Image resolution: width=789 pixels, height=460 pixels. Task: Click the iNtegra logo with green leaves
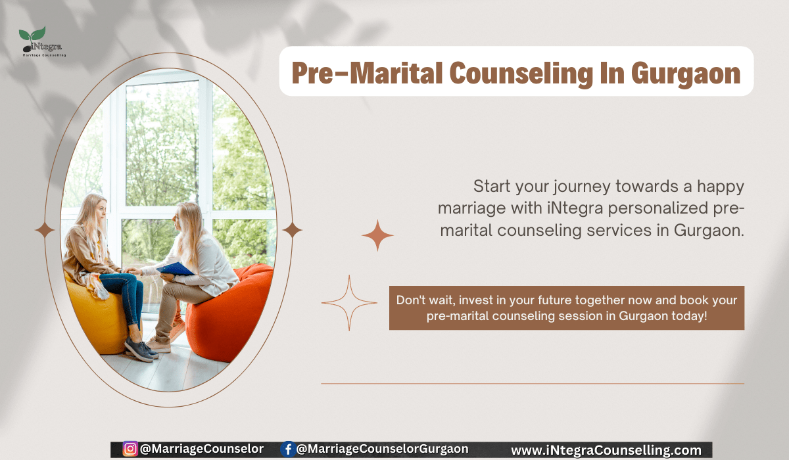point(42,41)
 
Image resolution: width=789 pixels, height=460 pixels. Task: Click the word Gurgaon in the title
point(685,74)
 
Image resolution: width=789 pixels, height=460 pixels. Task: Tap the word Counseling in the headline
point(521,74)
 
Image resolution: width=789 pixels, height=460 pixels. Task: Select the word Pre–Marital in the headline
point(367,73)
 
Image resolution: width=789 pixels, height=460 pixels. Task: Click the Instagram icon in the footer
point(130,449)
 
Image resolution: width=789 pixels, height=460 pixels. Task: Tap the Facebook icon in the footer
point(288,449)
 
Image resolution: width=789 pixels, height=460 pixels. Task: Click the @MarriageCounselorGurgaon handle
point(383,449)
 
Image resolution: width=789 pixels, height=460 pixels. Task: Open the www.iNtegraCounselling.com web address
point(606,450)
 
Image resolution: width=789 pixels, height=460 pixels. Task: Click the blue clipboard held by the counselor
point(175,269)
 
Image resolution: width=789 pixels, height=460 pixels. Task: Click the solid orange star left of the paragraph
point(377,235)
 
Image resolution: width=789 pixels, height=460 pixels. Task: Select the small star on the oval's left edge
point(45,230)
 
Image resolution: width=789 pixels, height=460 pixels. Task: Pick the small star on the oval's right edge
point(292,230)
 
